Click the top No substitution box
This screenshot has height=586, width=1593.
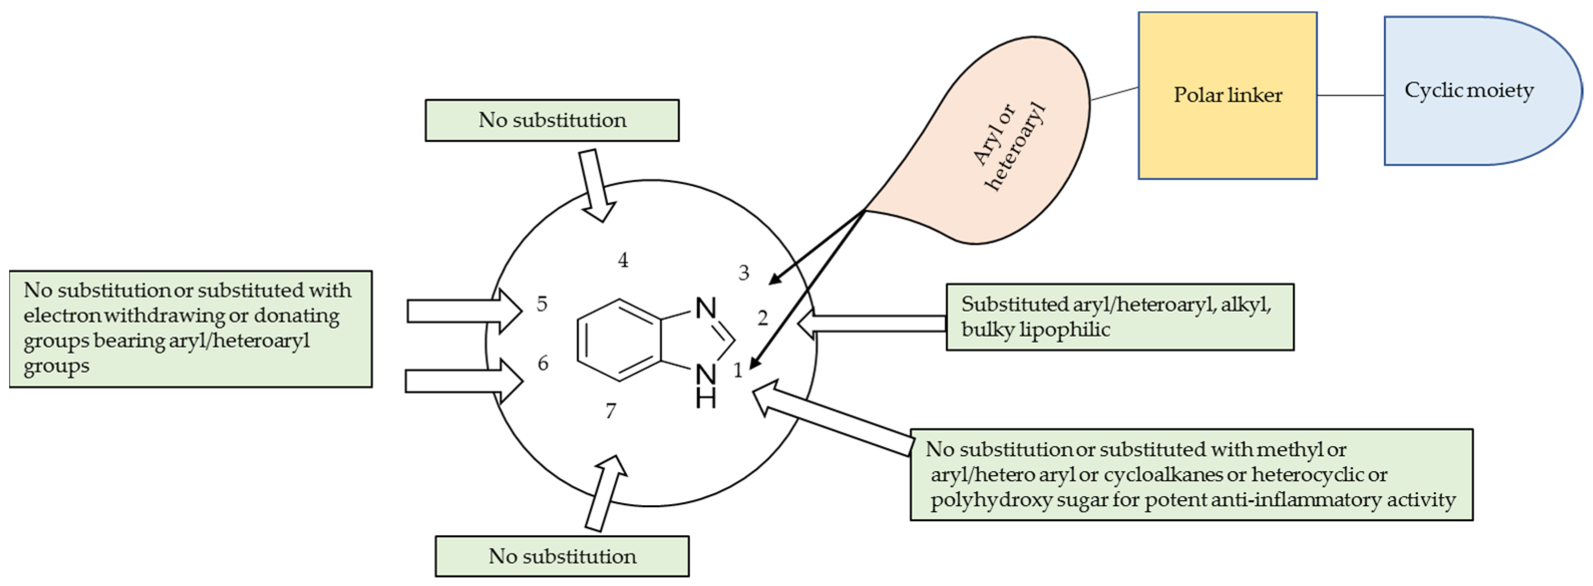pyautogui.click(x=551, y=120)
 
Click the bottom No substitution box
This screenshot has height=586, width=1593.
pyautogui.click(x=561, y=556)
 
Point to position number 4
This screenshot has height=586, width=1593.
pyautogui.click(x=623, y=260)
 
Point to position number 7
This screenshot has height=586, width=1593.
pyautogui.click(x=611, y=410)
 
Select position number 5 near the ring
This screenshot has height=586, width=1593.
pyautogui.click(x=542, y=304)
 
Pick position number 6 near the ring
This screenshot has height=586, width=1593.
pyautogui.click(x=543, y=363)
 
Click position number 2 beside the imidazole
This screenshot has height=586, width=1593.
pyautogui.click(x=762, y=318)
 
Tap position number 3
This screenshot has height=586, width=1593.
pyautogui.click(x=744, y=273)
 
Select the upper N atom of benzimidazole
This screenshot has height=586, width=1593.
pyautogui.click(x=706, y=308)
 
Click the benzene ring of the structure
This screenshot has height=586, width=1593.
pyautogui.click(x=619, y=340)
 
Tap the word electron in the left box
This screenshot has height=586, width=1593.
pyautogui.click(x=62, y=316)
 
